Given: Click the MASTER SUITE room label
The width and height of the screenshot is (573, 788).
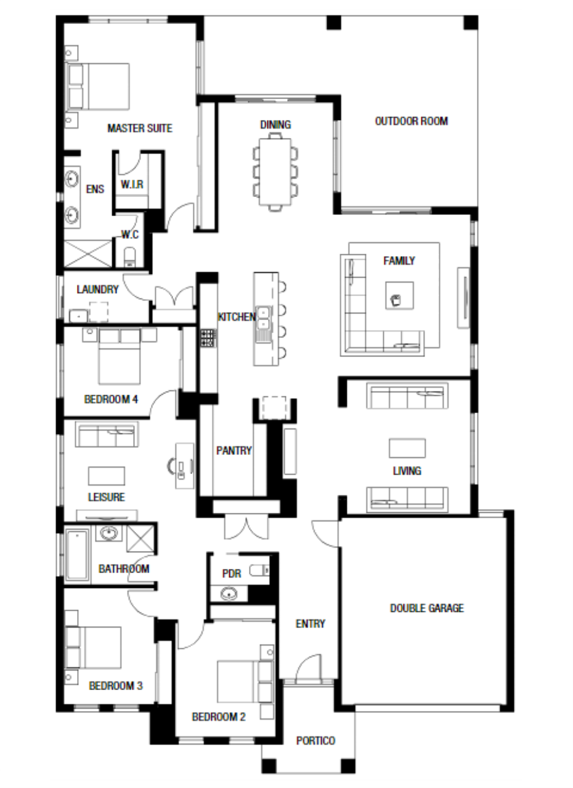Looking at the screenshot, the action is click(140, 128).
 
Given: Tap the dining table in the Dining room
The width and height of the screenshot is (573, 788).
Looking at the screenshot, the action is click(275, 172).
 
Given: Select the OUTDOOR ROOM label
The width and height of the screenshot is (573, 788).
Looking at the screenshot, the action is click(411, 121).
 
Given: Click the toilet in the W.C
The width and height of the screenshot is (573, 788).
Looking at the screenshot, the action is click(129, 256).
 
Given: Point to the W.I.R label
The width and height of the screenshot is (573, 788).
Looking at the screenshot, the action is click(132, 184).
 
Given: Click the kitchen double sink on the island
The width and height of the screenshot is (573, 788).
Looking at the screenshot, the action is click(264, 318).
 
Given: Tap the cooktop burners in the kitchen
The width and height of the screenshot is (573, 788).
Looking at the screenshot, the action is click(208, 338).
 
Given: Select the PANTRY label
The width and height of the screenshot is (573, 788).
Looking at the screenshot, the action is click(234, 451).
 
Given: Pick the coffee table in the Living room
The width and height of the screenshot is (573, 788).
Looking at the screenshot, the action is click(407, 448).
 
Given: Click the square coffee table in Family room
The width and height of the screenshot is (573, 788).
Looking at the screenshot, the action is click(399, 295).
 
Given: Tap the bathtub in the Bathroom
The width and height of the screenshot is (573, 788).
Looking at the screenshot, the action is click(77, 555).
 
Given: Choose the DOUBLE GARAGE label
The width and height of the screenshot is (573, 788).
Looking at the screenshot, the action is click(427, 608).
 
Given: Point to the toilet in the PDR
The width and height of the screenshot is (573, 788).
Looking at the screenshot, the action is click(259, 570).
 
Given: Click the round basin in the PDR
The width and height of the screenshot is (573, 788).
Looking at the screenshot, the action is click(229, 594).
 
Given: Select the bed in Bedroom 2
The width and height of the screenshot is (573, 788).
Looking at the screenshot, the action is click(245, 681).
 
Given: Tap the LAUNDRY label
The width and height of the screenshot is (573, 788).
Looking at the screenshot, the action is click(97, 289).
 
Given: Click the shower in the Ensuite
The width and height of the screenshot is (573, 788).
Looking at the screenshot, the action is click(87, 253).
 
